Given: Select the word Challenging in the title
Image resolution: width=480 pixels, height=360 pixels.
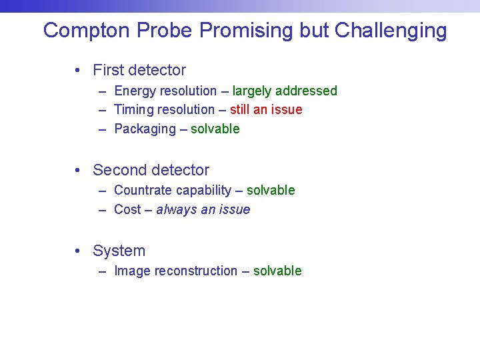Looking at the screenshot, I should click(391, 31).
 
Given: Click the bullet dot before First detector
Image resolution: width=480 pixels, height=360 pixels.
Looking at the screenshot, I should click(79, 70).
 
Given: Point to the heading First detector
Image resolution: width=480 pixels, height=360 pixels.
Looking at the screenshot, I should click(139, 70).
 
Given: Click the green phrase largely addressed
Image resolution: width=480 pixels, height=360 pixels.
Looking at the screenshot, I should click(285, 91).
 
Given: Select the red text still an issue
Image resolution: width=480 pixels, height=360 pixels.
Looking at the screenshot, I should click(266, 109).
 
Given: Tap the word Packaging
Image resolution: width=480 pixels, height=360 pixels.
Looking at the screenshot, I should click(145, 129).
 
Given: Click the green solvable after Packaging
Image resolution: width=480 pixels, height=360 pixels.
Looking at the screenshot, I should click(215, 129).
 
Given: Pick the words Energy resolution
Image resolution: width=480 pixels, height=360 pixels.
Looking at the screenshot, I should click(165, 91).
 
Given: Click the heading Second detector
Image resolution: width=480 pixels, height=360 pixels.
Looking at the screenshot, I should click(151, 170).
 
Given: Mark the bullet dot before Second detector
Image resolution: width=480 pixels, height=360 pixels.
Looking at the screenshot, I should click(79, 170).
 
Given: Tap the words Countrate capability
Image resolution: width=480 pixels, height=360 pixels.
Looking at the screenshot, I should click(173, 190).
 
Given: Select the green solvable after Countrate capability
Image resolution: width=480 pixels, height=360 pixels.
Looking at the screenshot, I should click(271, 190).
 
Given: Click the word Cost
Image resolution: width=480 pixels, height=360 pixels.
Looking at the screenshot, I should click(127, 209).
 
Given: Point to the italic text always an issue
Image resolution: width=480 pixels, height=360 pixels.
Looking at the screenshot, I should click(203, 209).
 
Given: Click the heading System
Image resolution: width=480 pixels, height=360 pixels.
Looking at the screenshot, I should click(119, 251).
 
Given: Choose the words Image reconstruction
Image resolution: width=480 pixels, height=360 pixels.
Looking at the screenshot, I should click(176, 271).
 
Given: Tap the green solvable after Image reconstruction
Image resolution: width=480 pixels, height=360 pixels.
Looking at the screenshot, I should click(277, 271).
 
